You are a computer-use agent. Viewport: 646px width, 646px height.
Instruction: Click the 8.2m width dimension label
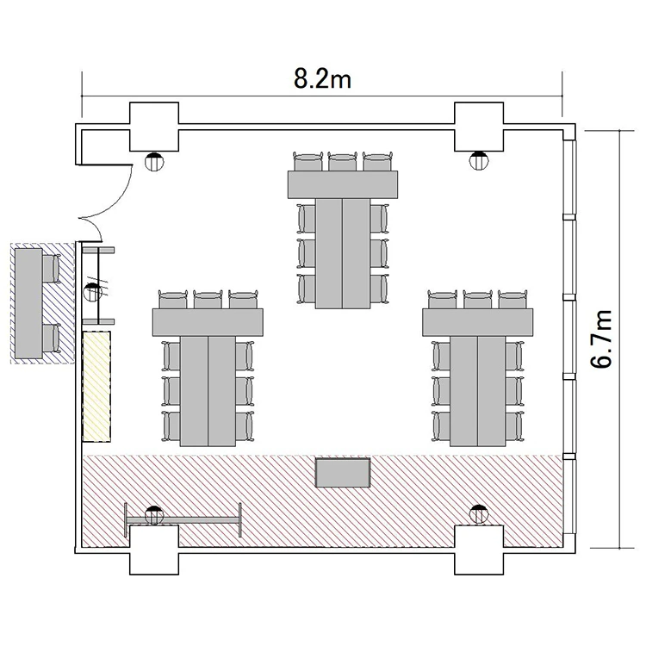click(322, 78)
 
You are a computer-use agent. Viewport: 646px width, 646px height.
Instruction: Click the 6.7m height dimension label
click(600, 339)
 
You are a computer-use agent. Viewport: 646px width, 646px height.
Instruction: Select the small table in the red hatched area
click(343, 473)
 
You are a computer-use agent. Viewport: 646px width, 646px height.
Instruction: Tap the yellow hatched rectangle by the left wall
click(96, 386)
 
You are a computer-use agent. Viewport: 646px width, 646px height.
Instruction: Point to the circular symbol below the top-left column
click(154, 161)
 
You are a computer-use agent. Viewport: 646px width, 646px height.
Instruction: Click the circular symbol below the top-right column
click(479, 161)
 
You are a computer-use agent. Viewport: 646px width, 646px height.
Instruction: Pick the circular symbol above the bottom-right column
click(479, 513)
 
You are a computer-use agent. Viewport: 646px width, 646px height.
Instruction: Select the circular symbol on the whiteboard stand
click(154, 515)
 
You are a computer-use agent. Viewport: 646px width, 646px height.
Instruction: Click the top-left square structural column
click(154, 127)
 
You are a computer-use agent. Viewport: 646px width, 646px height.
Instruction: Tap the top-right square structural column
click(479, 127)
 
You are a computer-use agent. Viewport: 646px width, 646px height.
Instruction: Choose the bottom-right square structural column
click(479, 550)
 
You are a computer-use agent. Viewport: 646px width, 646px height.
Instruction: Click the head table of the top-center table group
click(343, 184)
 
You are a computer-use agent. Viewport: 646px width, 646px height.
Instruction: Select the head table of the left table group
click(208, 322)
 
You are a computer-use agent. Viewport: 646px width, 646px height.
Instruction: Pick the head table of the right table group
click(477, 322)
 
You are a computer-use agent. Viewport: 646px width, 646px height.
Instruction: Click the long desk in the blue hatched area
click(28, 303)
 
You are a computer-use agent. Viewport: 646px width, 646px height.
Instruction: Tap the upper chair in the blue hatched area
click(51, 269)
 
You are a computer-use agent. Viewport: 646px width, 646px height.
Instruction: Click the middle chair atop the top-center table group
click(343, 162)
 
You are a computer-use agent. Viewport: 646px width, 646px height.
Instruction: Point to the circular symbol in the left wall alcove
click(93, 292)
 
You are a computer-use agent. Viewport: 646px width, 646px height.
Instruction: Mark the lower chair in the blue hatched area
click(51, 339)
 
